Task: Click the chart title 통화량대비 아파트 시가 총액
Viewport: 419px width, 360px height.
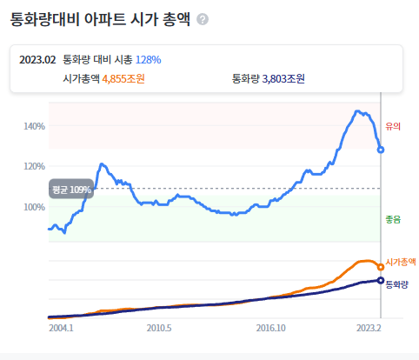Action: tap(100, 18)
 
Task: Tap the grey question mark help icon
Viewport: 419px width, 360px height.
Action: tap(203, 19)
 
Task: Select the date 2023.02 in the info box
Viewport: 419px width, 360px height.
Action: tap(37, 59)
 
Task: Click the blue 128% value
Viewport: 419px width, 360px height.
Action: tap(148, 59)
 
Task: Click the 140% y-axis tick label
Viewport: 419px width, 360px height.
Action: tap(35, 126)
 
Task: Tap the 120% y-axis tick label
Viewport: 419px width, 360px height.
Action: tap(35, 166)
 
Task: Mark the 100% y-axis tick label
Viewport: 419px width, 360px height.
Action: tap(35, 207)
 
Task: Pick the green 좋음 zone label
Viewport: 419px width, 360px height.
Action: tap(392, 220)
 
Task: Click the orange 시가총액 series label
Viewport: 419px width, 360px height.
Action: tap(401, 262)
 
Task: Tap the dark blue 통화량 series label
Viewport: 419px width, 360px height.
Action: tap(396, 284)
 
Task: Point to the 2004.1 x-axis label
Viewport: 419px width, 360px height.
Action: tap(61, 330)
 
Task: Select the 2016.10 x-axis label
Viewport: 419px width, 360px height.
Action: tap(271, 330)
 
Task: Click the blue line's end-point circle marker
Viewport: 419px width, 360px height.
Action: tap(381, 150)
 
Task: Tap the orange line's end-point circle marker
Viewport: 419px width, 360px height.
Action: tap(381, 267)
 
